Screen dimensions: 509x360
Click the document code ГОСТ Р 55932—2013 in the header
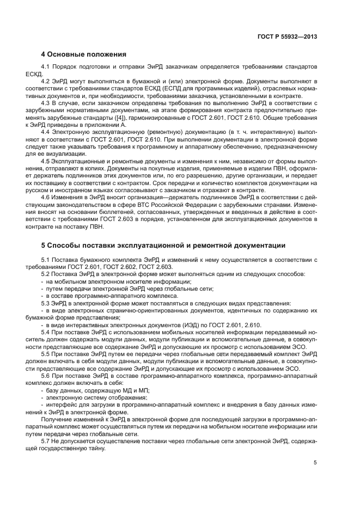pyautogui.click(x=288, y=36)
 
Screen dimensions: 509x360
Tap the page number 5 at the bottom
pyautogui.click(x=315, y=463)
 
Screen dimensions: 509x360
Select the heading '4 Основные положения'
pyautogui.click(x=84, y=54)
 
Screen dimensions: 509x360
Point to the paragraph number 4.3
pyautogui.click(x=46, y=102)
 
